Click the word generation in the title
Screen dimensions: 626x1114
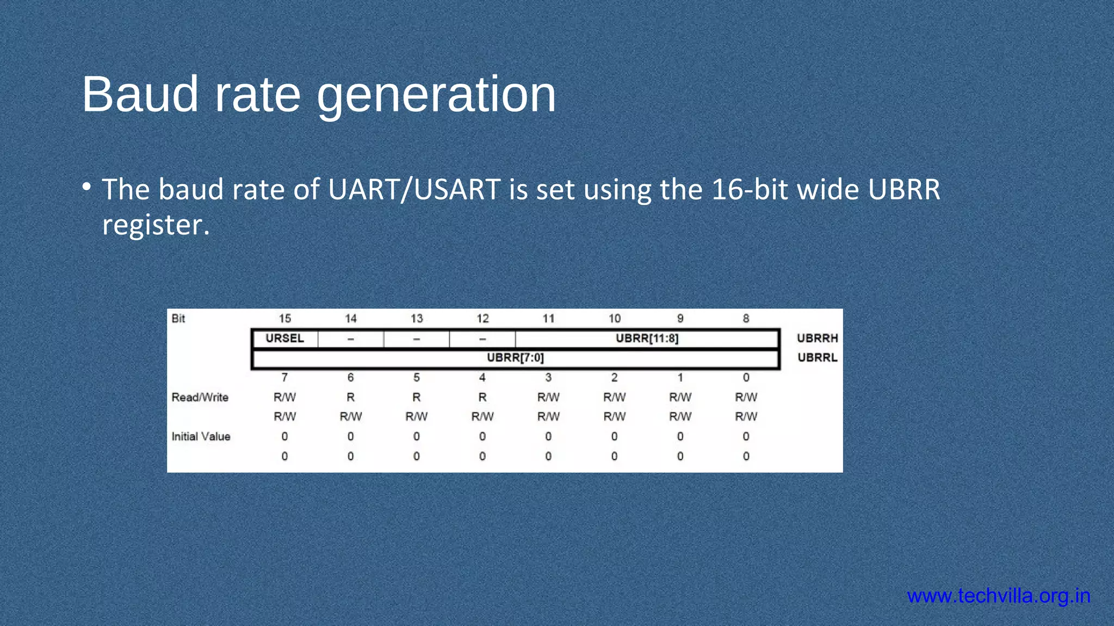click(x=436, y=96)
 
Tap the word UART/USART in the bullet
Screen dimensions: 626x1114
click(x=414, y=190)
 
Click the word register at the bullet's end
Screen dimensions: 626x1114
click(x=156, y=225)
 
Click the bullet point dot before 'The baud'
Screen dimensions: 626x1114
click(x=86, y=187)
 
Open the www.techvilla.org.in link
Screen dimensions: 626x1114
click(x=999, y=596)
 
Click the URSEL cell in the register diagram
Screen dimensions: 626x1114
click(x=284, y=339)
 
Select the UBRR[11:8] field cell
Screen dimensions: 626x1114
click(x=647, y=339)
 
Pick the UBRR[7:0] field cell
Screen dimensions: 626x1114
click(x=515, y=358)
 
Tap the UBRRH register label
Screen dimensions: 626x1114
click(x=817, y=339)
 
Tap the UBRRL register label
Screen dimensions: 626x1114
click(x=817, y=358)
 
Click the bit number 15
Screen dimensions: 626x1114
click(x=284, y=318)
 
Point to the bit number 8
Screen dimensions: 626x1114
click(x=746, y=318)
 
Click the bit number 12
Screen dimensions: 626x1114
click(x=482, y=318)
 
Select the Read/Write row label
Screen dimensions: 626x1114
click(x=200, y=397)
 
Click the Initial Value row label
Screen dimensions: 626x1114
click(x=201, y=437)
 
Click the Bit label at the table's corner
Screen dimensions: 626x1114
click(x=178, y=318)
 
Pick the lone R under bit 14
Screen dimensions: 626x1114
click(x=350, y=397)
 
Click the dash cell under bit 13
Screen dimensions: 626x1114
click(x=416, y=339)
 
